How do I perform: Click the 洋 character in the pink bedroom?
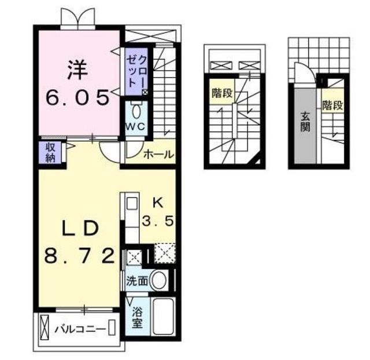(x=77, y=70)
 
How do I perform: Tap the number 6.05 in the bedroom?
(x=77, y=97)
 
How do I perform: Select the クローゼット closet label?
(x=136, y=72)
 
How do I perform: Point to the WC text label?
(x=135, y=127)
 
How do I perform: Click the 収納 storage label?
(x=50, y=153)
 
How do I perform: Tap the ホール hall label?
(x=158, y=155)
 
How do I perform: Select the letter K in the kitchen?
(x=158, y=203)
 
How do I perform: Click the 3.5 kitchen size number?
(x=158, y=221)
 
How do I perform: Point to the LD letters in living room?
(x=80, y=228)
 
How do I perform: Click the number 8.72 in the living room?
(x=80, y=256)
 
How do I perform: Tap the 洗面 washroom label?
(x=138, y=281)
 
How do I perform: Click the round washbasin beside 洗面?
(x=158, y=280)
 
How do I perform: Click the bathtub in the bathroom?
(x=163, y=317)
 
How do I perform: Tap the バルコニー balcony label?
(x=80, y=329)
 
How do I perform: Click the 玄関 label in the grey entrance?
(x=305, y=122)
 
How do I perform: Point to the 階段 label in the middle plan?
(x=222, y=93)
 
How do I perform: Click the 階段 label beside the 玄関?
(x=333, y=105)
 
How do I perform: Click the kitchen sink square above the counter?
(x=132, y=203)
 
